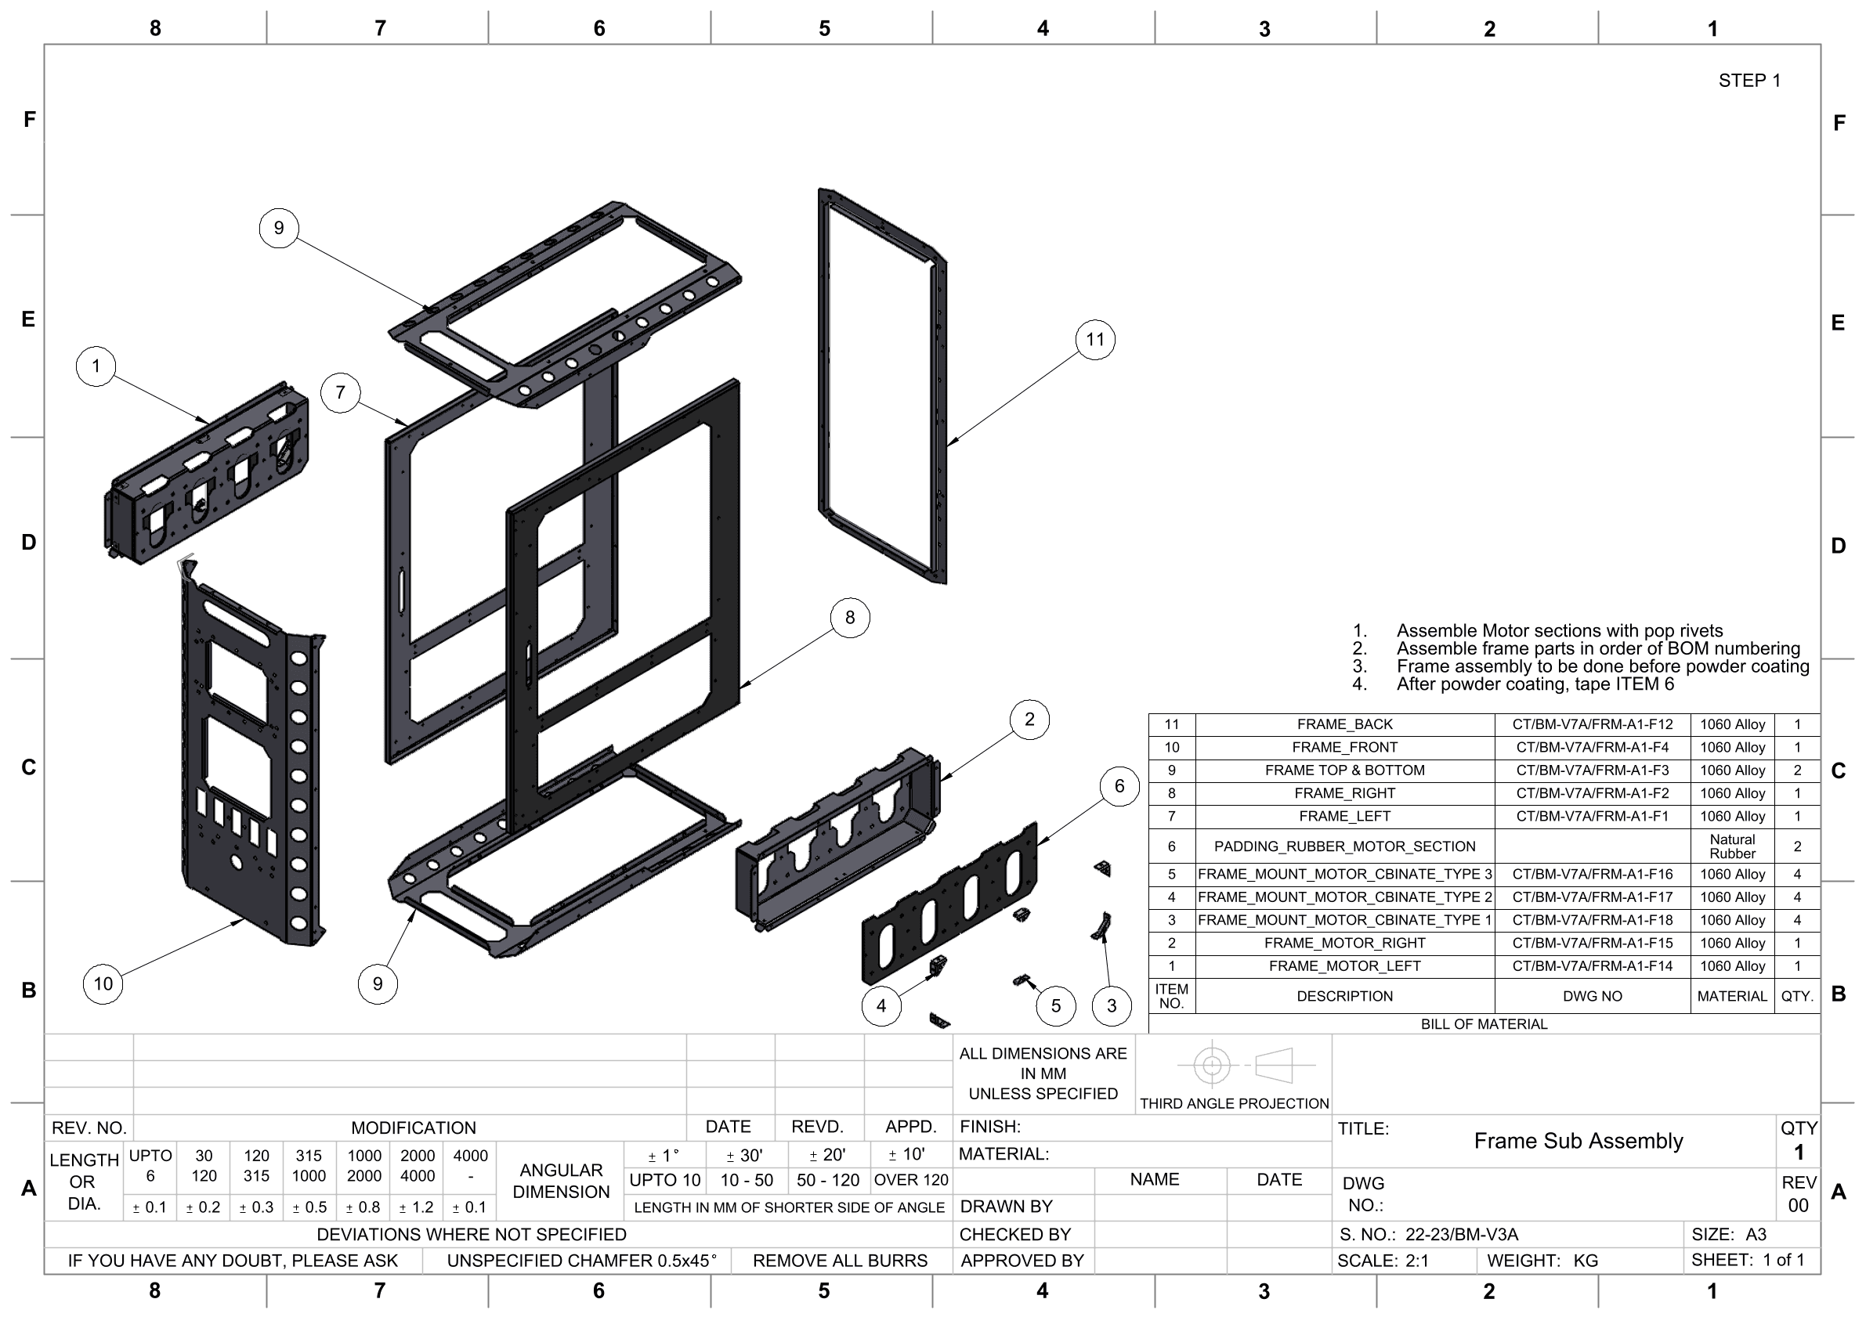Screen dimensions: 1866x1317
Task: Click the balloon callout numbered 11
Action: point(1094,340)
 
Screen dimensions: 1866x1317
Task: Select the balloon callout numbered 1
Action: point(96,366)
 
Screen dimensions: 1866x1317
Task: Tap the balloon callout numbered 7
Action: point(341,392)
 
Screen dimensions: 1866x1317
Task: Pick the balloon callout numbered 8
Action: point(850,618)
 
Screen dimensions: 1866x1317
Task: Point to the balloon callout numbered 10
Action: point(103,984)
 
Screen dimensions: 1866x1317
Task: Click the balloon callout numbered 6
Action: point(1119,785)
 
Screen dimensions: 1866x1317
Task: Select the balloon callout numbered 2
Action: point(1029,719)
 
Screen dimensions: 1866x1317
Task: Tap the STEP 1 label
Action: point(1749,81)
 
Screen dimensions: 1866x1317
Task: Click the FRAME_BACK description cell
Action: point(1344,724)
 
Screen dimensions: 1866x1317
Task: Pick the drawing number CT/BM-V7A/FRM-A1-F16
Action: point(1592,874)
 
